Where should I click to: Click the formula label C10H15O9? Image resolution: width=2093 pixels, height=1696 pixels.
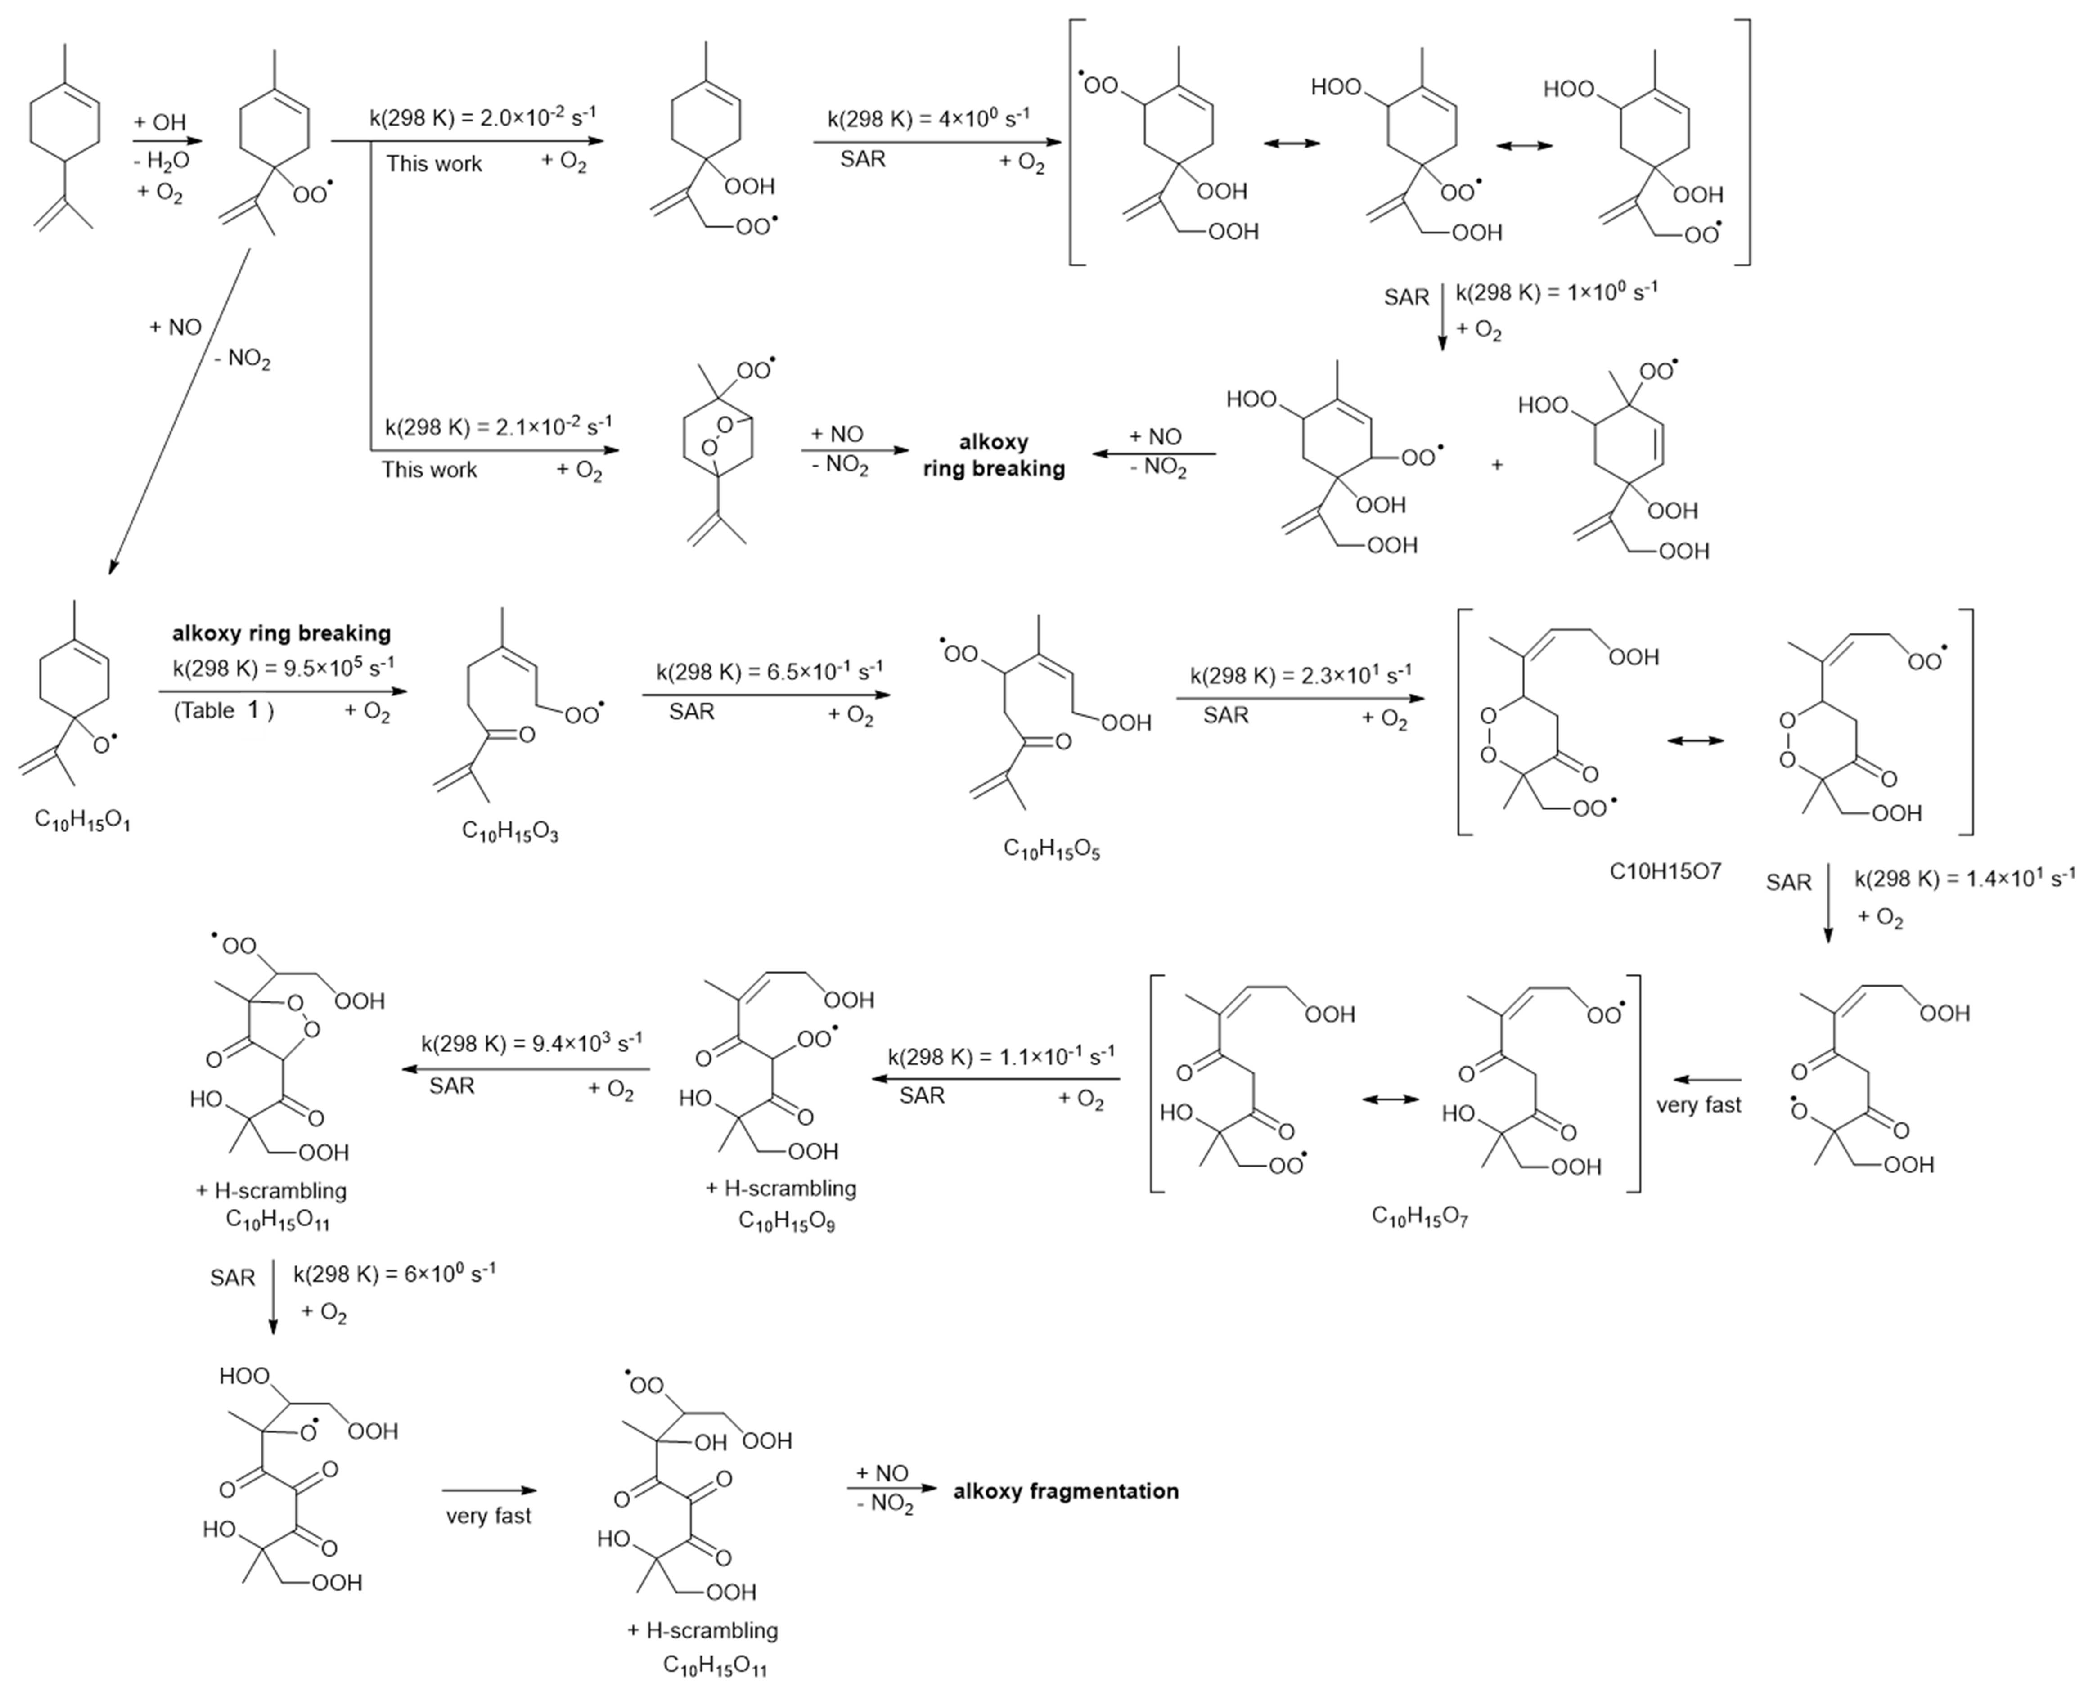pyautogui.click(x=787, y=1221)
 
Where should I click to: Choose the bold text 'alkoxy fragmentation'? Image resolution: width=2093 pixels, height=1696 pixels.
pyautogui.click(x=1066, y=1491)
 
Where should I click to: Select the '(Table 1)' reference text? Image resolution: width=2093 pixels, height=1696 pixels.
pyautogui.click(x=224, y=710)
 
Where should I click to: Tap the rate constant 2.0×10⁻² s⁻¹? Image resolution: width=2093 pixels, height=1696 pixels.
pyautogui.click(x=483, y=117)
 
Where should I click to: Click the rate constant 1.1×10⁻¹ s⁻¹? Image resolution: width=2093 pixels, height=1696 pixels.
pyautogui.click(x=1002, y=1056)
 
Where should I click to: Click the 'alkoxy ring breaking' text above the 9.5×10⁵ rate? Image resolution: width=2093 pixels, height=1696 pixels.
pyautogui.click(x=281, y=633)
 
